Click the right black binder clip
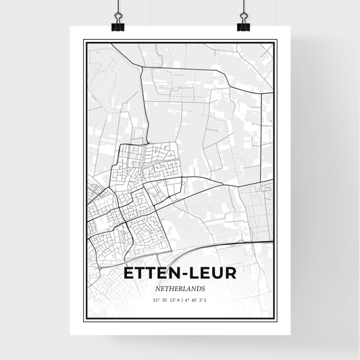click(243, 26)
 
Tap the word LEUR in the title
click(213, 273)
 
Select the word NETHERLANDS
click(180, 287)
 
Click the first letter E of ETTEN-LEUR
click(129, 273)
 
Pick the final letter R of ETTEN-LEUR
click(231, 273)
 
